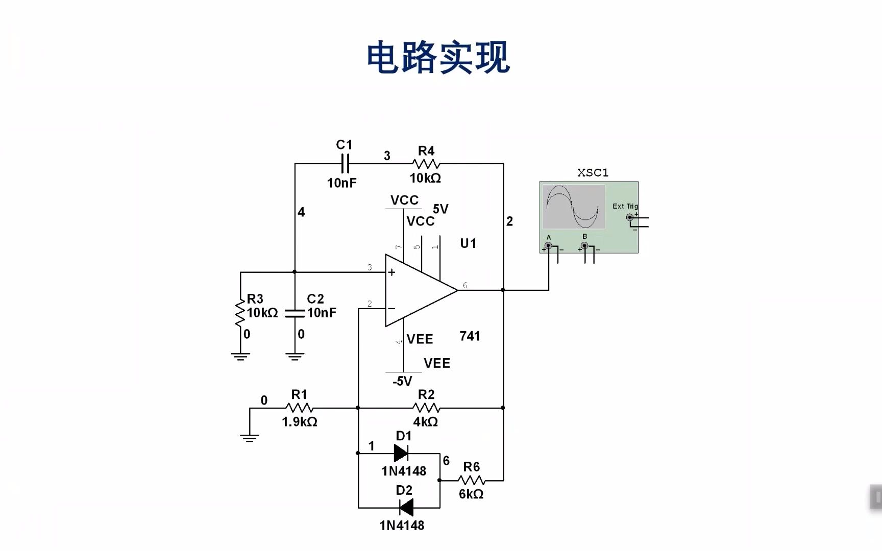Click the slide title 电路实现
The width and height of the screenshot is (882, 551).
tap(438, 57)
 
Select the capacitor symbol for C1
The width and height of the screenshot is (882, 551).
tap(345, 164)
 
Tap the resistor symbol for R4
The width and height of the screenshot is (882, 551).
tap(426, 164)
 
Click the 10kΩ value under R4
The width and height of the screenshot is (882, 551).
tap(425, 178)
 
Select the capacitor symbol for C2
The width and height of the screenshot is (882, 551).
tap(295, 313)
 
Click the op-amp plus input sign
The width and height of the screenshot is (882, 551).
tap(391, 272)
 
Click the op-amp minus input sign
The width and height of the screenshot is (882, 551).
tap(391, 308)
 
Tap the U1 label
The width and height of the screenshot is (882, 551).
tap(468, 243)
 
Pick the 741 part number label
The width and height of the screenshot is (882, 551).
tap(470, 336)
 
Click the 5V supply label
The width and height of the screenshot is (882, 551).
tap(440, 209)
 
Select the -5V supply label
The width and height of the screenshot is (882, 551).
tap(402, 381)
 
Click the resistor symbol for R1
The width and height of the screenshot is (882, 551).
tap(300, 408)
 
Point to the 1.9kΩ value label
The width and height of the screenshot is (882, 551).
tap(300, 422)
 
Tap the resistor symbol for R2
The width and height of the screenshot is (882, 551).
tap(426, 408)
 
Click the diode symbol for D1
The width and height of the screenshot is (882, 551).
tap(401, 453)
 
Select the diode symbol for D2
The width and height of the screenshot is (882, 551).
tap(406, 508)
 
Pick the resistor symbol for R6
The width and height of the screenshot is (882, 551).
tap(472, 480)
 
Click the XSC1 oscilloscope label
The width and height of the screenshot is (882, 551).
tap(593, 173)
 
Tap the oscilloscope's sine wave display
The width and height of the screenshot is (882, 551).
tap(573, 207)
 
